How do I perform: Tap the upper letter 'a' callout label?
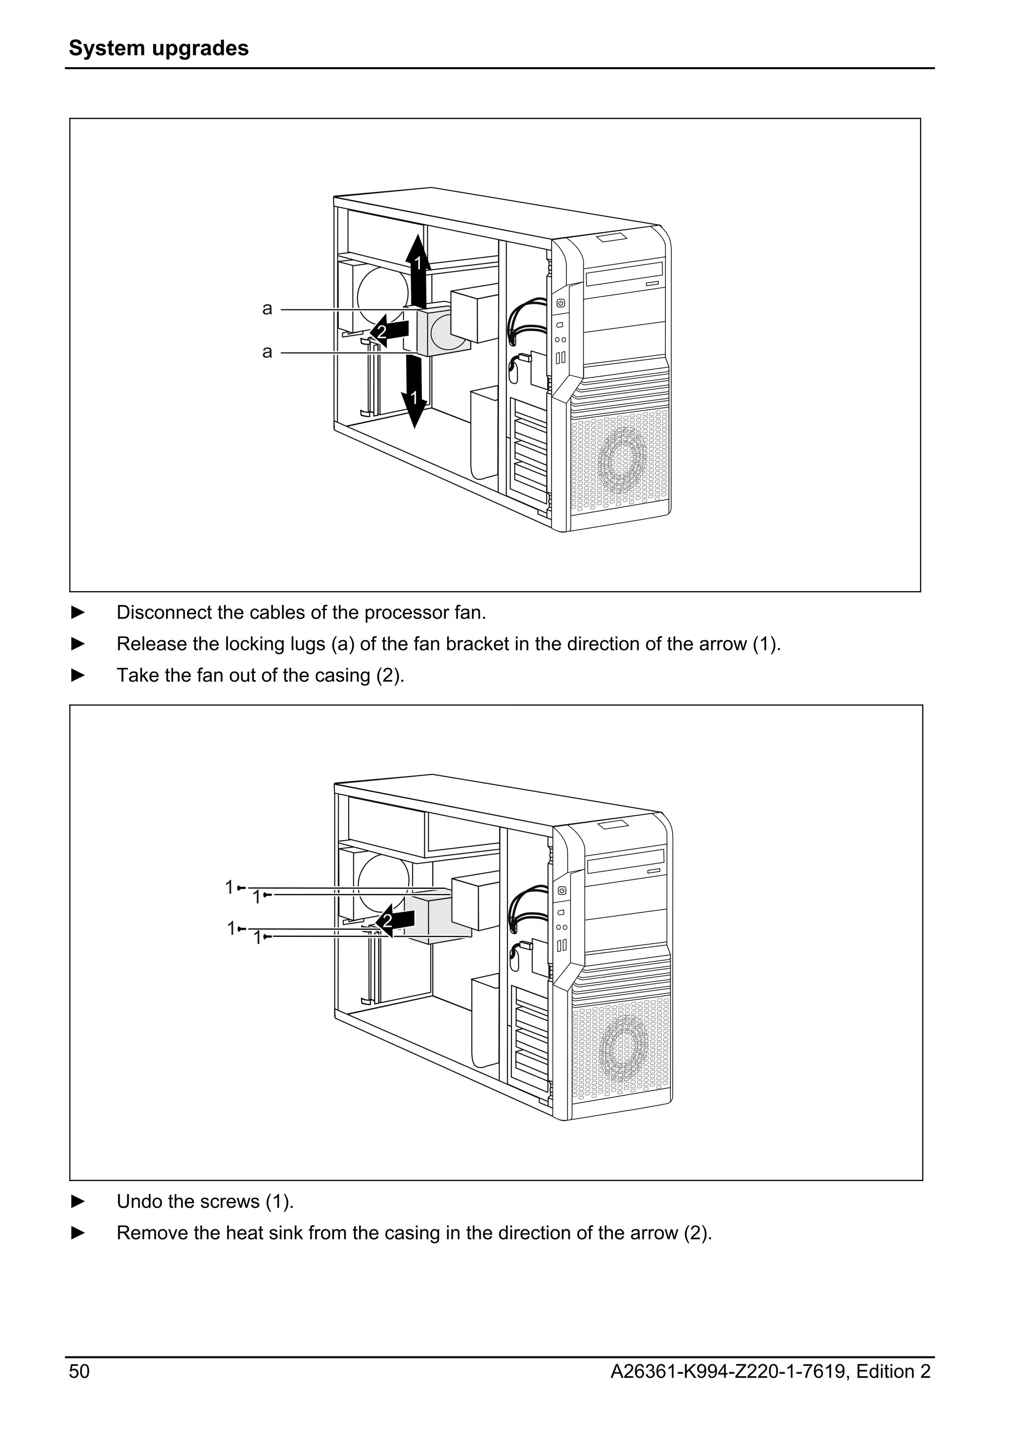pyautogui.click(x=267, y=308)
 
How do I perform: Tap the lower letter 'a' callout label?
pyautogui.click(x=267, y=352)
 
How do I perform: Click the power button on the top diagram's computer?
pyautogui.click(x=561, y=304)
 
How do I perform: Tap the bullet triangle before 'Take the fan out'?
pyautogui.click(x=78, y=675)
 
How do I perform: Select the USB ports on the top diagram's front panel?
pyautogui.click(x=561, y=357)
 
